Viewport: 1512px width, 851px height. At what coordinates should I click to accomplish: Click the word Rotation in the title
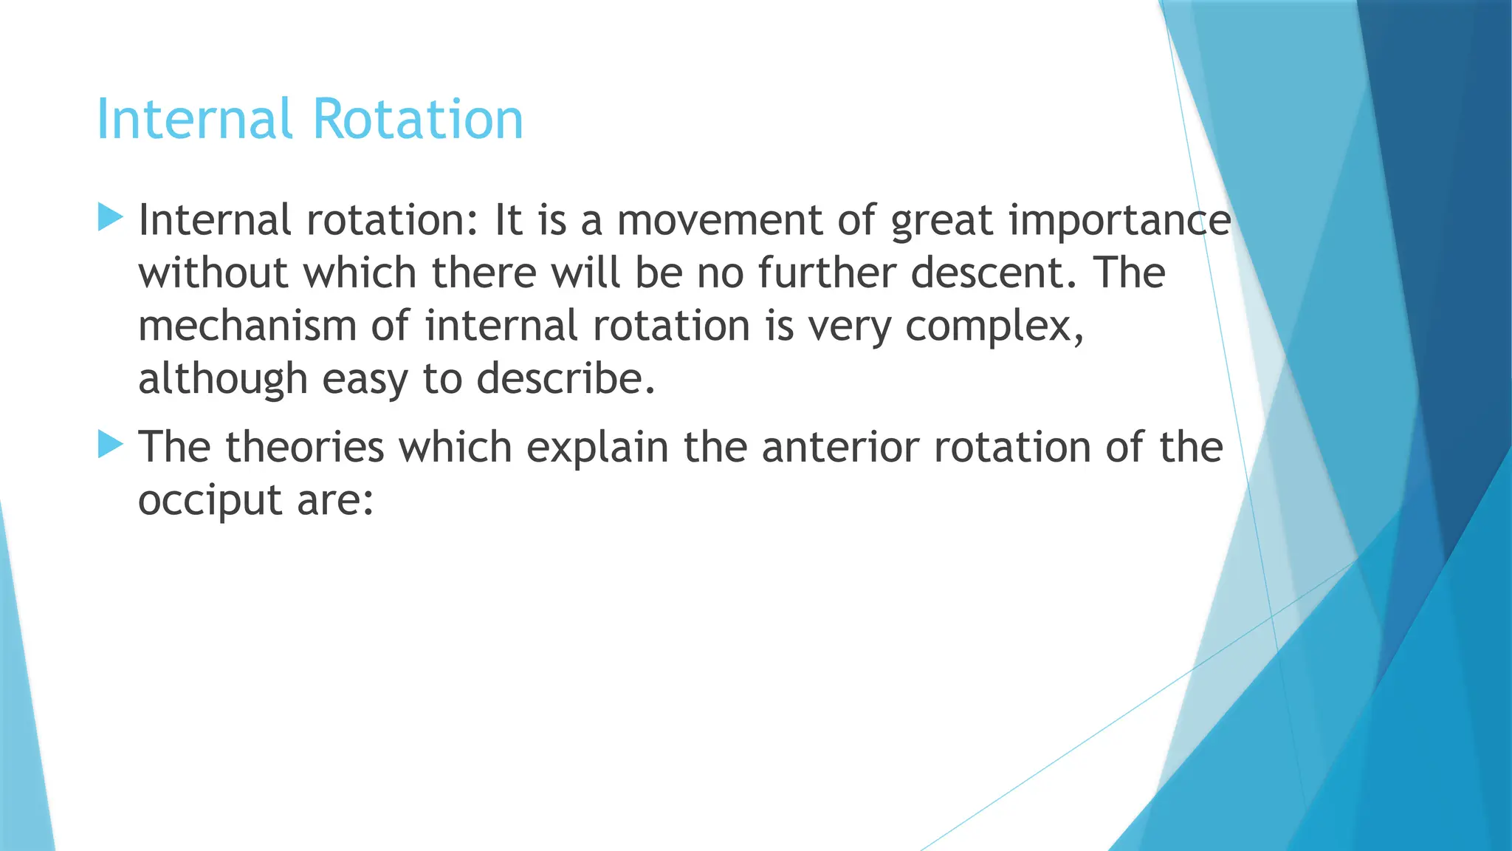click(x=417, y=119)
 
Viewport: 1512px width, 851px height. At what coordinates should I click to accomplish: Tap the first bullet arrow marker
click(x=110, y=218)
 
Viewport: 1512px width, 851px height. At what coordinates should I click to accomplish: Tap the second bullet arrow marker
click(x=110, y=445)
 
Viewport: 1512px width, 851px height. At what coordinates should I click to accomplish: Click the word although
click(x=222, y=380)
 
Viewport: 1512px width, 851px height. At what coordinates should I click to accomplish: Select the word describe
click(x=565, y=379)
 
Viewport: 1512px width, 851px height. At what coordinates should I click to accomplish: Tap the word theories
click(x=304, y=447)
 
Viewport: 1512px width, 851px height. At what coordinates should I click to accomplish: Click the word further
click(x=827, y=273)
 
